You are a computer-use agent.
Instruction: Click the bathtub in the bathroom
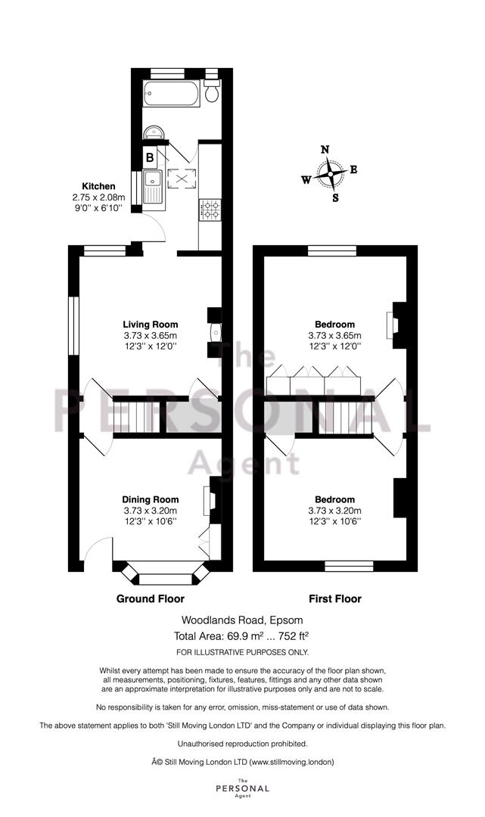point(171,94)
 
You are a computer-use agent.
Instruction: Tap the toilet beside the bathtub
point(212,91)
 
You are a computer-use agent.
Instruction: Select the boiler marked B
point(150,157)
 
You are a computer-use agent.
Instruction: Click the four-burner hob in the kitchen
point(210,210)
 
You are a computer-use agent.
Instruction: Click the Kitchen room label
point(98,186)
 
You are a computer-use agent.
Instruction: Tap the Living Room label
point(150,325)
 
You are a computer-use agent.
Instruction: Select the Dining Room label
point(150,500)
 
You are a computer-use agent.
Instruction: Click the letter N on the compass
point(325,150)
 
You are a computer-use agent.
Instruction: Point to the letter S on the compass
point(335,198)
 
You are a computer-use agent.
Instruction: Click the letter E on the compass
point(353,169)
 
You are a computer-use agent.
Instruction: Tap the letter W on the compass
point(306,180)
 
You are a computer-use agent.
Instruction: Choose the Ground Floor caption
point(150,598)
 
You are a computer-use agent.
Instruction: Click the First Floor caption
point(335,598)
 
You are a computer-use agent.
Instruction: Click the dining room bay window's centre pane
point(166,578)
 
